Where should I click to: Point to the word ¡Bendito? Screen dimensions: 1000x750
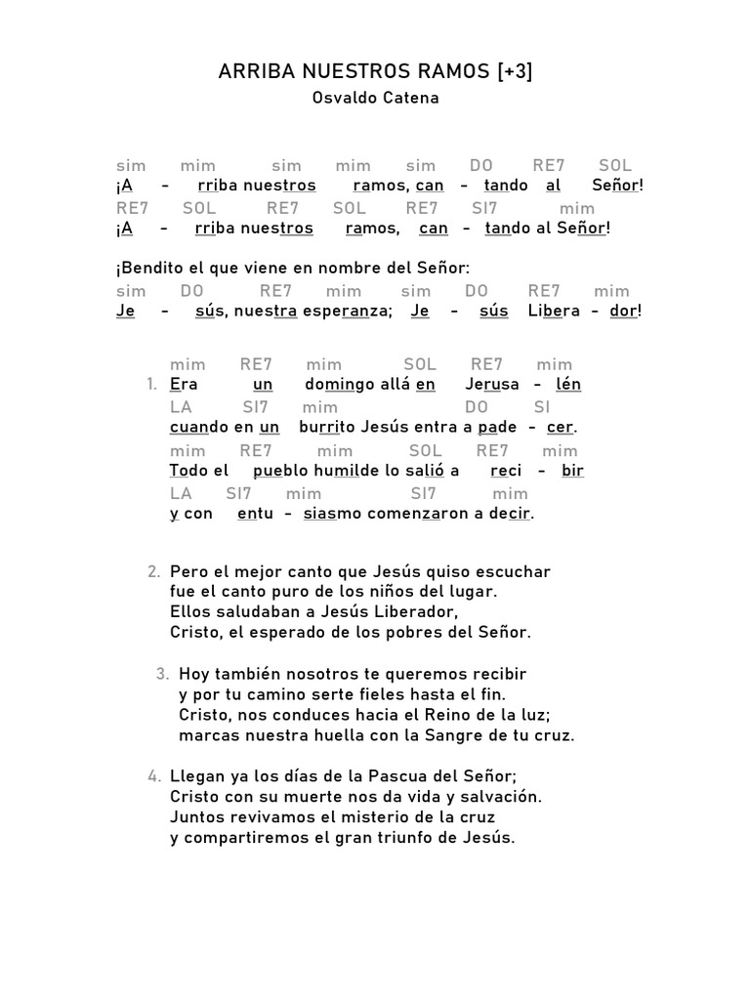tap(150, 268)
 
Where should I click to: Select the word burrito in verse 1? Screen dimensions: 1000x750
tap(326, 427)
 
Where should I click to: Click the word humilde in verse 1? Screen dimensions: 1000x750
tap(341, 470)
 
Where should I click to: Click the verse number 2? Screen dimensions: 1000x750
tap(153, 571)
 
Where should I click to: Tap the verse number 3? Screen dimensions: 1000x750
tap(162, 674)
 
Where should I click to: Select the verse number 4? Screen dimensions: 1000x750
tap(153, 776)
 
